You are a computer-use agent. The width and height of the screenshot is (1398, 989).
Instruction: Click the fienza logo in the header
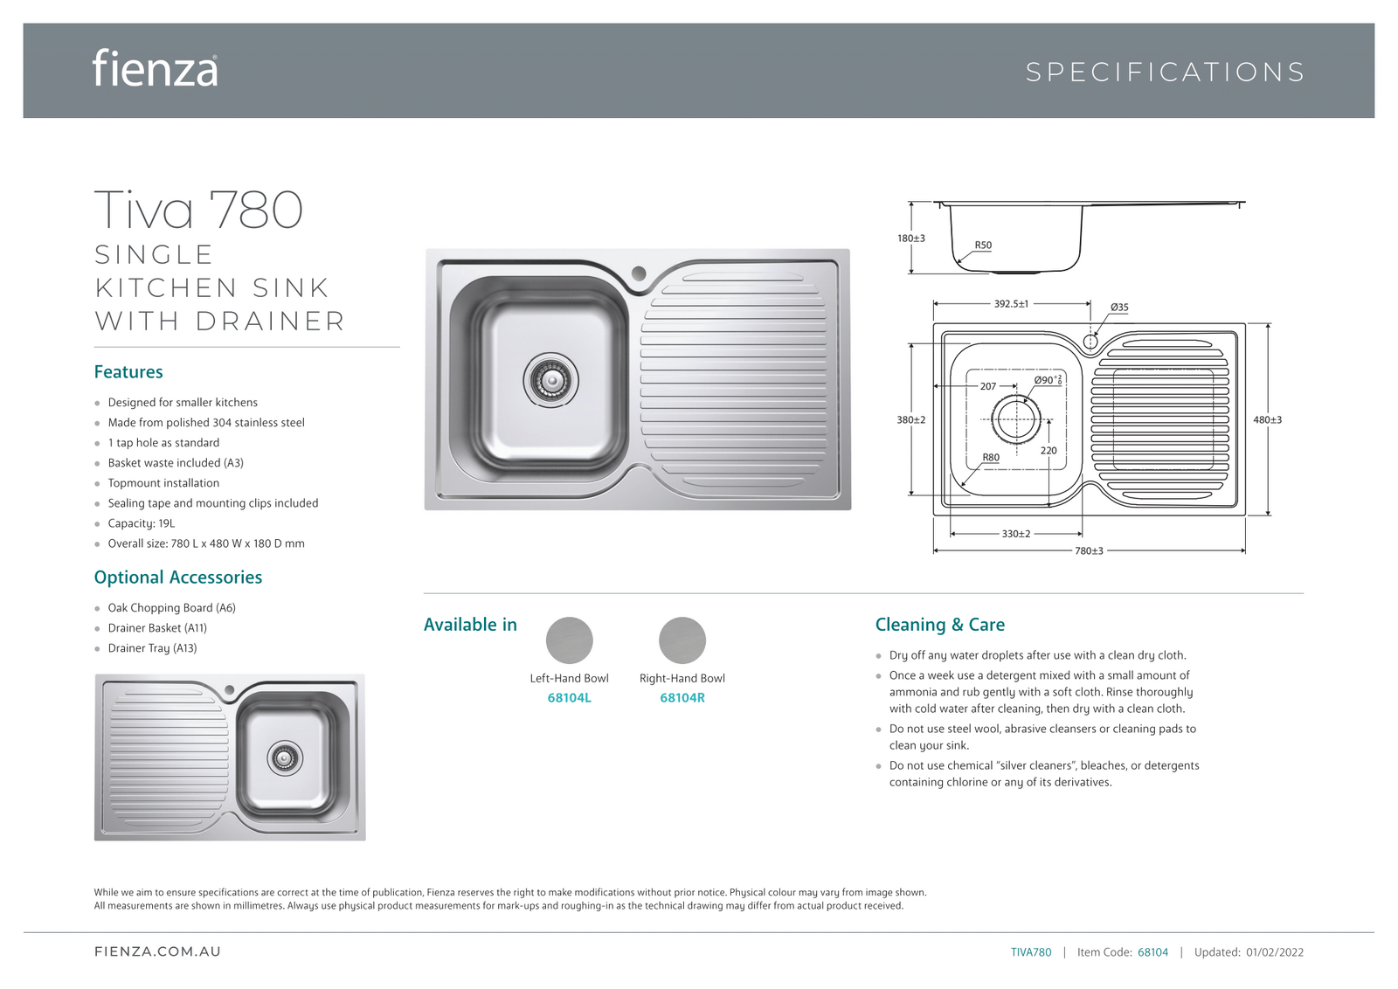coord(156,69)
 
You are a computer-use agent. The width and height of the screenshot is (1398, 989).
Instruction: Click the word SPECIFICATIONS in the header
coord(1165,72)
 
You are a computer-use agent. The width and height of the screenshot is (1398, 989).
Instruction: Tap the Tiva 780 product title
coord(198,211)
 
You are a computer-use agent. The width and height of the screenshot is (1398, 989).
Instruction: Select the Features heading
coord(128,372)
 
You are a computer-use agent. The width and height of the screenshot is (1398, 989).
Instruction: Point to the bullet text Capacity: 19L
coord(141,523)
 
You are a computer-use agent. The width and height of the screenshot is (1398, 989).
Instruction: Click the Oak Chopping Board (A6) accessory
coord(171,608)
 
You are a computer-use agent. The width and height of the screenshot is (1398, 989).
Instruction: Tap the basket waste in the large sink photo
coord(550,381)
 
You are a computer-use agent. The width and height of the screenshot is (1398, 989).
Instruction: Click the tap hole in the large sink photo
coord(639,273)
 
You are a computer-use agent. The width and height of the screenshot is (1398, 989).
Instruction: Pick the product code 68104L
coord(569,698)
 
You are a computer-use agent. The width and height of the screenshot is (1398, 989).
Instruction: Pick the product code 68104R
coord(682,698)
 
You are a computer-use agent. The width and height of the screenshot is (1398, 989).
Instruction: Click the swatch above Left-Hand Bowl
coord(569,640)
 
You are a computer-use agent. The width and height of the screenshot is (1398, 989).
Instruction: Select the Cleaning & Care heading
coord(939,625)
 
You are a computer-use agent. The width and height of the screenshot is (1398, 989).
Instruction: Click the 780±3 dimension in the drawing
coord(1088,551)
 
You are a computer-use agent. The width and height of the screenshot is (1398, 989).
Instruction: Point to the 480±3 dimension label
coord(1267,420)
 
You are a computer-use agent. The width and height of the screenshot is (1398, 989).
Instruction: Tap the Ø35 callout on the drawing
coord(1118,308)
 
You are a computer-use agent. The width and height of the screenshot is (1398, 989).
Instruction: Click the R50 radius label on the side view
coord(983,246)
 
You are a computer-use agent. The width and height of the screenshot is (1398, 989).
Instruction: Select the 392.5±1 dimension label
coord(1011,304)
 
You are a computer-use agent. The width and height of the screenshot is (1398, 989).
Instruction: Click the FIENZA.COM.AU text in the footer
coord(157,951)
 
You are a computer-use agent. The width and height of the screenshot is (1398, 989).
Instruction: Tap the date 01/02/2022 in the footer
coord(1274,952)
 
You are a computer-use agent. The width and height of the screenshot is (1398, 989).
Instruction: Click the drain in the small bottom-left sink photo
coord(284,757)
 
